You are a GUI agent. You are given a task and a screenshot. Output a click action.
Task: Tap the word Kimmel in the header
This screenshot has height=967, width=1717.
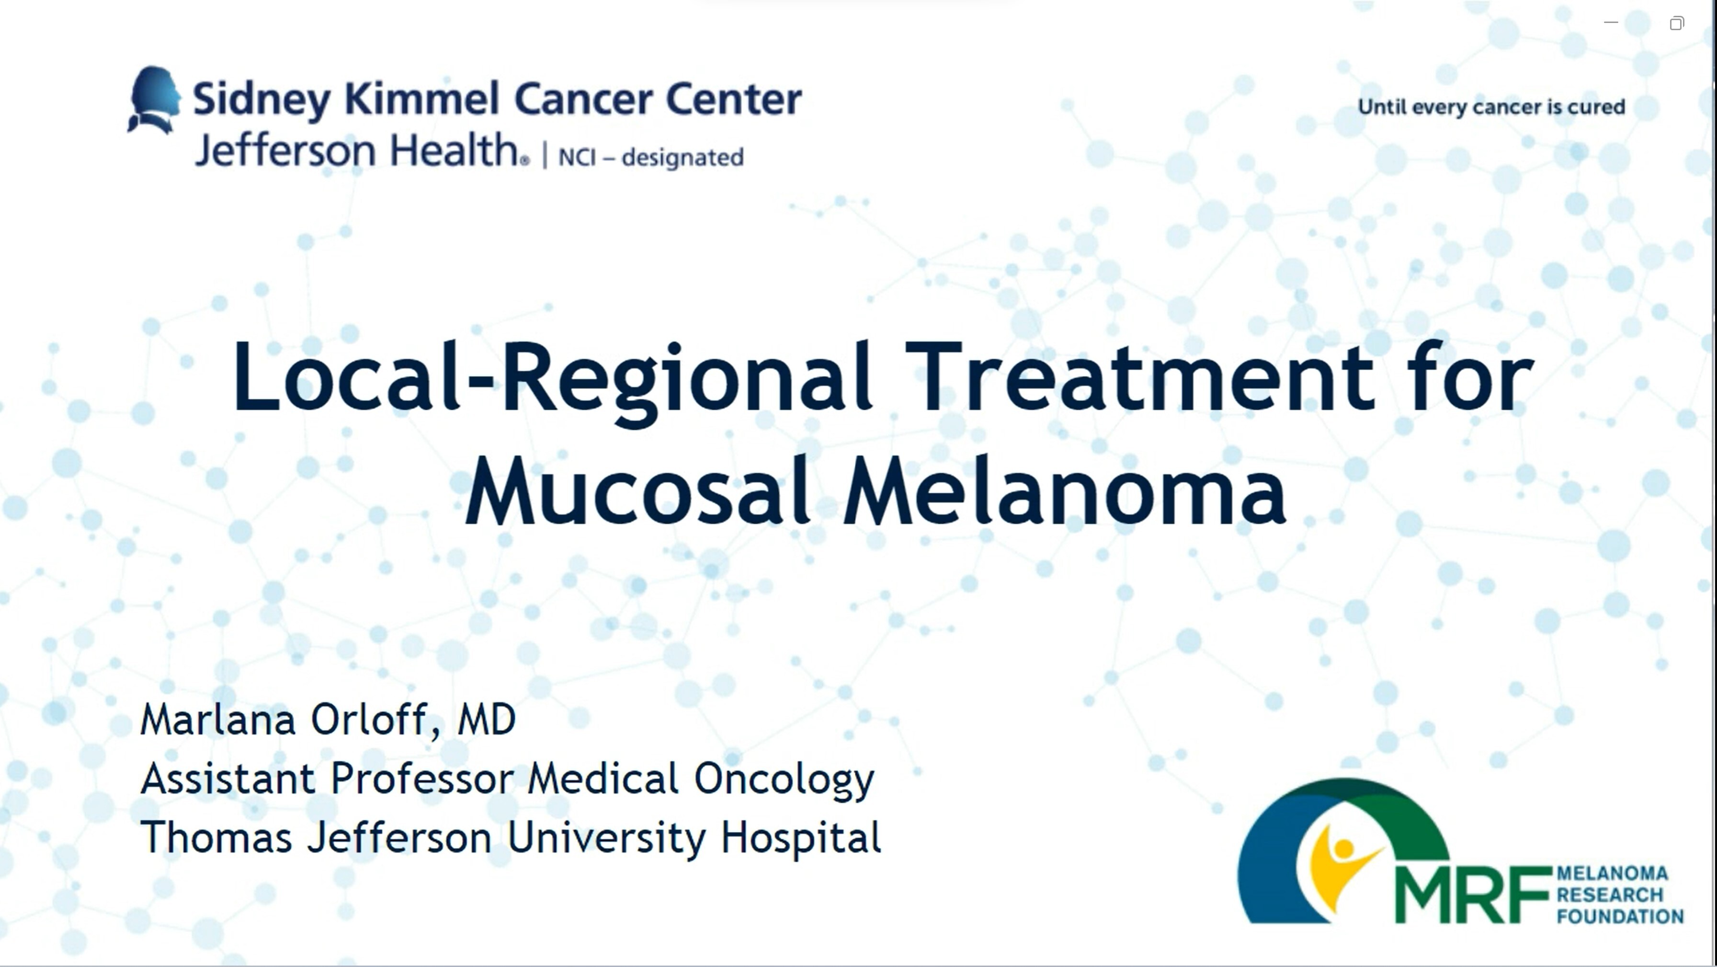point(421,99)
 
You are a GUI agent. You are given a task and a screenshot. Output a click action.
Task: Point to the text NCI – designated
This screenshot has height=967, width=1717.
point(650,157)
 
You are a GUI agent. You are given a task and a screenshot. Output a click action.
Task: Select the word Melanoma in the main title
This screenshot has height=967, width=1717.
point(1065,492)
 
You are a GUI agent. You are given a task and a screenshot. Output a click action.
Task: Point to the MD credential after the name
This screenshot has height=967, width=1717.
point(487,720)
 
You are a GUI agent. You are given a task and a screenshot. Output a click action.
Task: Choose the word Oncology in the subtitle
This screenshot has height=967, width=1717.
point(784,780)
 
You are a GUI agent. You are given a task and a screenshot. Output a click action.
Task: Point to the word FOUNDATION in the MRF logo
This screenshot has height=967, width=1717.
point(1620,916)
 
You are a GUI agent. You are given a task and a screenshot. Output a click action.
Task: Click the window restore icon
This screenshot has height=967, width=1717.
point(1677,23)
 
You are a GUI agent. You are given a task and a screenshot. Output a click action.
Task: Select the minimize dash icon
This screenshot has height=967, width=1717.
point(1611,23)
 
